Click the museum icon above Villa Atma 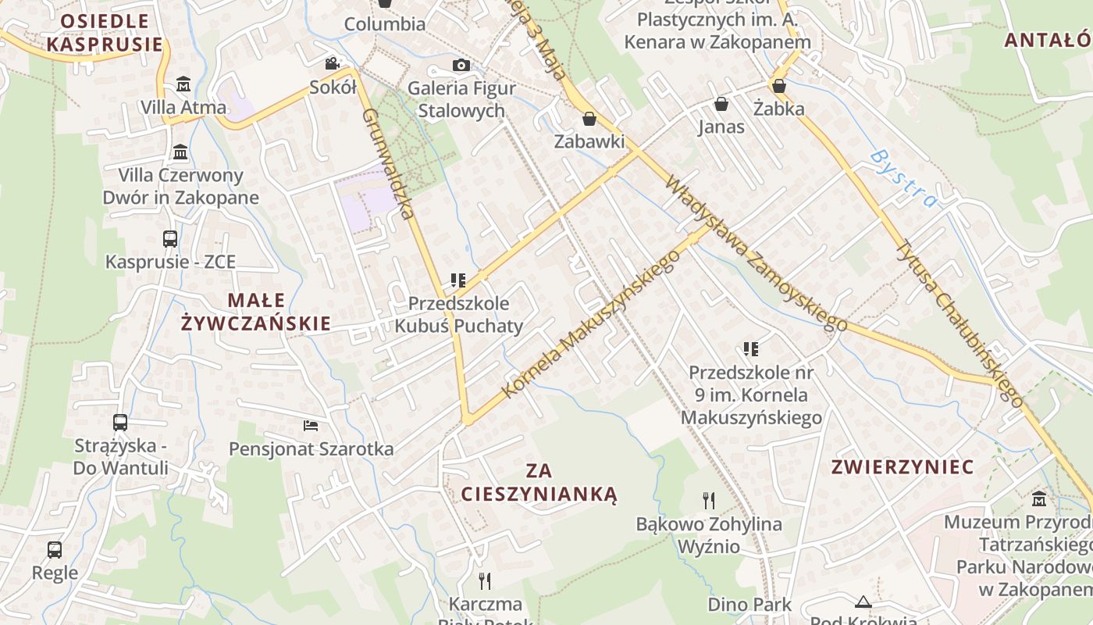point(183,84)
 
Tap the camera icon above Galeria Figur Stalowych point(461,65)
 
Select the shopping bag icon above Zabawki point(589,119)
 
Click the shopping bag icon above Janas point(721,103)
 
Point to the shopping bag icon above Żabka point(778,85)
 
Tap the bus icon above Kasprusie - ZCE point(170,238)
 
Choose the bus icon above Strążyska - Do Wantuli point(120,423)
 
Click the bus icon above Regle point(55,549)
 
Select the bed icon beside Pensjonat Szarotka point(311,426)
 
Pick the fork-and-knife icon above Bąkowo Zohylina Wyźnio point(709,500)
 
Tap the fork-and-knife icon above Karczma point(485,580)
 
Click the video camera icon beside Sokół point(333,63)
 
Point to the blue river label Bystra point(903,179)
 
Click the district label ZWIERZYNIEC point(903,467)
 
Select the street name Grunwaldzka point(386,163)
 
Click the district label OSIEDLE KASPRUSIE point(105,32)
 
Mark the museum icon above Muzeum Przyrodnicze point(1039,498)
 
